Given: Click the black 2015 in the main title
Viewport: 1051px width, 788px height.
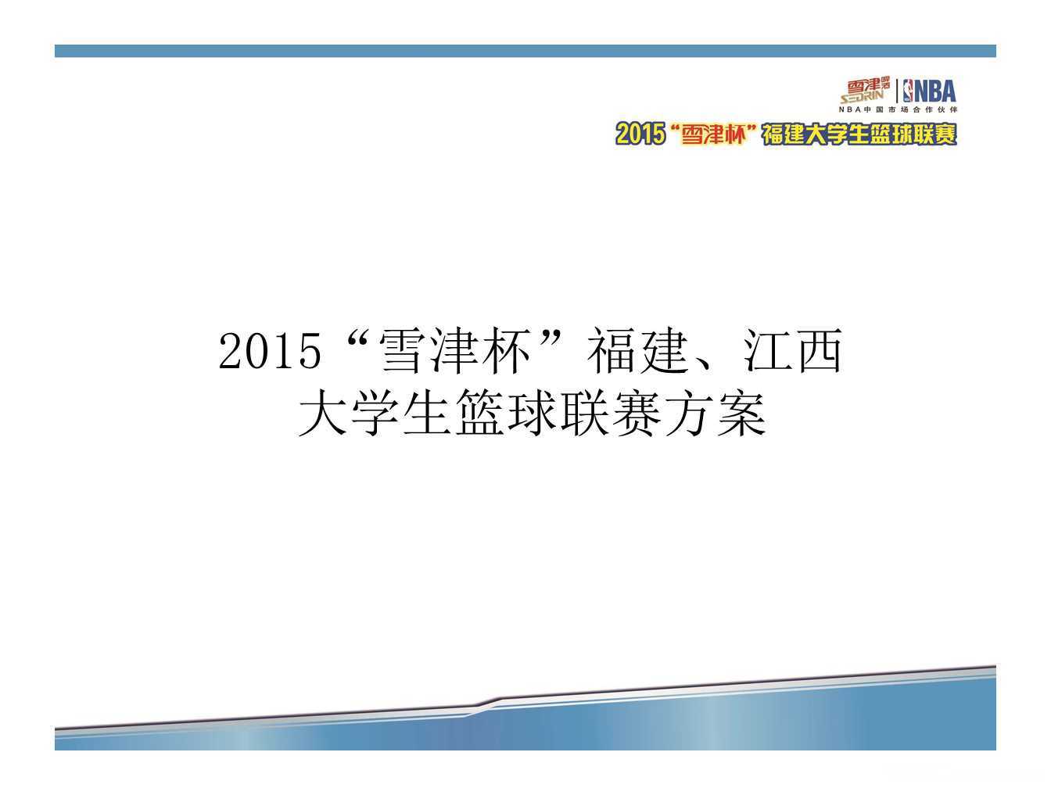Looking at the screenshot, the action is (x=270, y=351).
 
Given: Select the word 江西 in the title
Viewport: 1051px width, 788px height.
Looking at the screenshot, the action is (x=792, y=351).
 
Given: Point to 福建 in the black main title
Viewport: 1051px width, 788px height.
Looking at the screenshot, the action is (x=637, y=351).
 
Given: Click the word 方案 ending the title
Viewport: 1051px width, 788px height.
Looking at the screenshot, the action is (x=716, y=413).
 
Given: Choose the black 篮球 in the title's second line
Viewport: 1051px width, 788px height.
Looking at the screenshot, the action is (x=507, y=413).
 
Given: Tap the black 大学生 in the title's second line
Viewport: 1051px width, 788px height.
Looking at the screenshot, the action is (x=375, y=413).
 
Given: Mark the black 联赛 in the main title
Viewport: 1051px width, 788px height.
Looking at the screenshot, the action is (x=611, y=413).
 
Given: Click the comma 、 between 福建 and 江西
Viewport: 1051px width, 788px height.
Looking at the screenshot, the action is (x=707, y=364).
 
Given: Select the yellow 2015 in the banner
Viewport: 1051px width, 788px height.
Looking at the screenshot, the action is (x=640, y=134).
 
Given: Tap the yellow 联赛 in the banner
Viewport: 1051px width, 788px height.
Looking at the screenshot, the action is (x=935, y=134).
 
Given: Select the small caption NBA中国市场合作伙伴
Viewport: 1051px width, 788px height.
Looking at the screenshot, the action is (x=897, y=109).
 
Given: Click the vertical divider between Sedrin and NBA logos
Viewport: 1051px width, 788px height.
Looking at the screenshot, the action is (x=897, y=91).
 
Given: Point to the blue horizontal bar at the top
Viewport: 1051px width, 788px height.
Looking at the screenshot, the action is (x=525, y=51).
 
